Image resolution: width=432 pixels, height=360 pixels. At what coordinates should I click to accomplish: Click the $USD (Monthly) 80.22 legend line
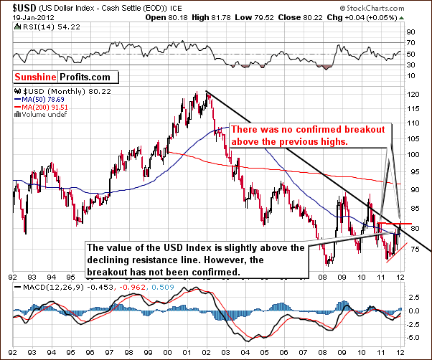tap(46, 92)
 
